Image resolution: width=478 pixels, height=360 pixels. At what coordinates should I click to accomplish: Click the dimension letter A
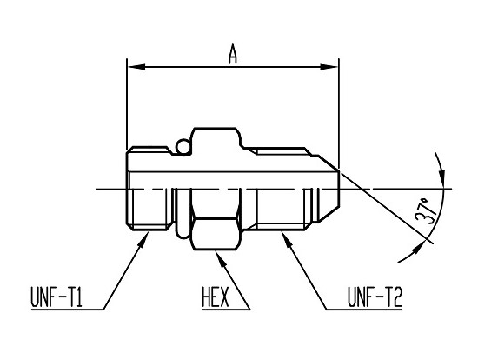pyautogui.click(x=233, y=54)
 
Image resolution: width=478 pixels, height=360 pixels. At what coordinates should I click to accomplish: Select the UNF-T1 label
pyautogui.click(x=56, y=297)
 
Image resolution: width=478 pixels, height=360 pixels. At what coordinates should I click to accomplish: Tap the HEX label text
pyautogui.click(x=216, y=297)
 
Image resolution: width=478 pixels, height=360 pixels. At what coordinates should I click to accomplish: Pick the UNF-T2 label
pyautogui.click(x=375, y=297)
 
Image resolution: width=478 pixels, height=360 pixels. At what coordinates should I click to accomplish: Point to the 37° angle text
pyautogui.click(x=426, y=210)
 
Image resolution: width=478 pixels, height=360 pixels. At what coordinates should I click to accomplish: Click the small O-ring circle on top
pyautogui.click(x=183, y=146)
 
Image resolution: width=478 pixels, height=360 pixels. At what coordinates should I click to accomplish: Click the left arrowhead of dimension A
pyautogui.click(x=136, y=66)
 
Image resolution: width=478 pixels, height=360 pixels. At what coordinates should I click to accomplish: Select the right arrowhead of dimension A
pyautogui.click(x=329, y=66)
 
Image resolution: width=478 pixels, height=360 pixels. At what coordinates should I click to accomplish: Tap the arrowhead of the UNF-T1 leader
pyautogui.click(x=143, y=240)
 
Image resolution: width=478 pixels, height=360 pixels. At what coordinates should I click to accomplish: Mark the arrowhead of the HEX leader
pyautogui.click(x=221, y=258)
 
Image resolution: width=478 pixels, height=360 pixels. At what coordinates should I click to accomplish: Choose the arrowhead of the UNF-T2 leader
pyautogui.click(x=287, y=240)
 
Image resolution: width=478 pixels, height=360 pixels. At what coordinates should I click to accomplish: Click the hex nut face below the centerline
pyautogui.click(x=216, y=234)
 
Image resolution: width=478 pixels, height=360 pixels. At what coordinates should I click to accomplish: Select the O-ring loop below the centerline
pyautogui.click(x=183, y=214)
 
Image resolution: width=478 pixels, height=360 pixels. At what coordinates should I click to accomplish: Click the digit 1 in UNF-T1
pyautogui.click(x=78, y=297)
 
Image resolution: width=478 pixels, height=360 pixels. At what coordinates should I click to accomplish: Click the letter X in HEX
pyautogui.click(x=224, y=297)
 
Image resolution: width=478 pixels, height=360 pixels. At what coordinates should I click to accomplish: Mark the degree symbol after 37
pyautogui.click(x=424, y=202)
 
